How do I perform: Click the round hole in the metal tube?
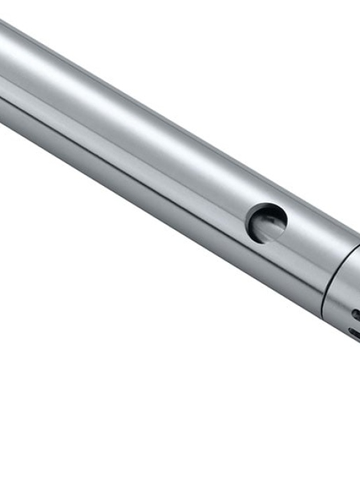click(x=267, y=223)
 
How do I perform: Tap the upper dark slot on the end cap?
click(x=356, y=314)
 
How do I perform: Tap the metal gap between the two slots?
click(x=355, y=325)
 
